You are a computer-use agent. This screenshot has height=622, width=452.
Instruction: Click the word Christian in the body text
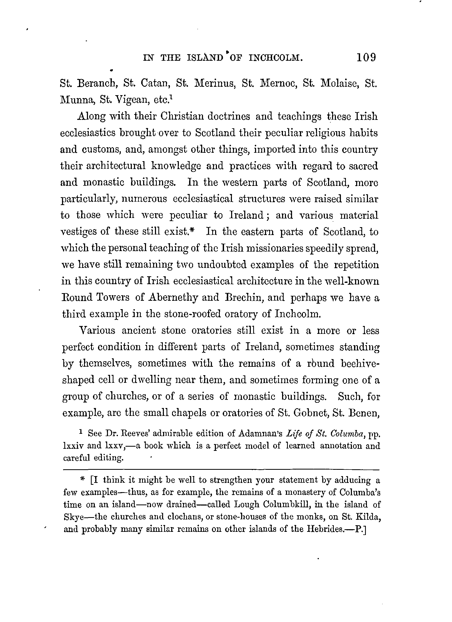coord(182,116)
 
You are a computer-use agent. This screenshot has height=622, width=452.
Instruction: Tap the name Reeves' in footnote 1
coord(134,433)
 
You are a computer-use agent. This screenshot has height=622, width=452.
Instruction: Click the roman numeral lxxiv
coord(73,446)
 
